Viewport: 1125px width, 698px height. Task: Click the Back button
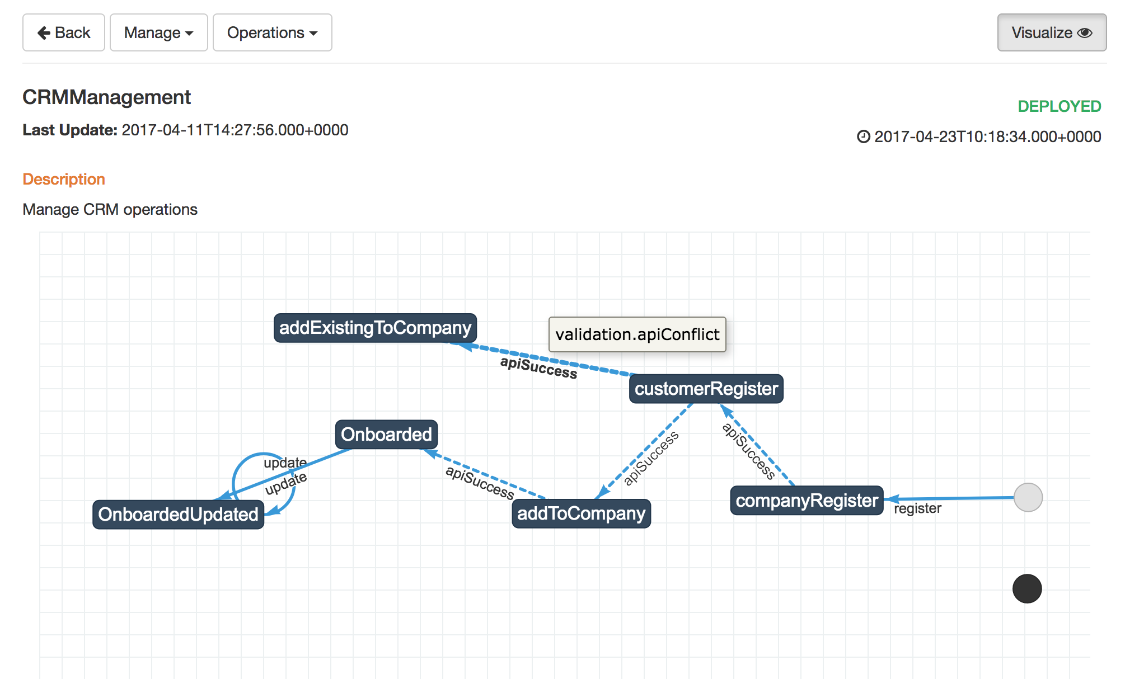click(64, 32)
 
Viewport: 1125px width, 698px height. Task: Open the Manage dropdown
click(159, 32)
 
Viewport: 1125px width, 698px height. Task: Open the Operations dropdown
click(273, 32)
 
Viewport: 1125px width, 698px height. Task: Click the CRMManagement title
click(106, 97)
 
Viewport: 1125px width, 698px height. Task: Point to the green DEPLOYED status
click(1059, 106)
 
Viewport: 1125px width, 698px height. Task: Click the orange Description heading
click(64, 179)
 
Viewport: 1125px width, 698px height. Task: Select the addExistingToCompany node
click(375, 328)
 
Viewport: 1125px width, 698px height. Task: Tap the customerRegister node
click(706, 389)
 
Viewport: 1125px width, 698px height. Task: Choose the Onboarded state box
click(386, 435)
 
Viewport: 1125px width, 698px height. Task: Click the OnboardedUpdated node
click(178, 515)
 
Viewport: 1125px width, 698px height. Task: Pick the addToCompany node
click(581, 513)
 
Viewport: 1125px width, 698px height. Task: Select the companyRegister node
click(807, 501)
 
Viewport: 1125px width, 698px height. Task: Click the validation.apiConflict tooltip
click(637, 334)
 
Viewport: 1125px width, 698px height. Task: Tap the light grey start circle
click(1028, 497)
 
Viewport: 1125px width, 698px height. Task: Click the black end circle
click(1027, 589)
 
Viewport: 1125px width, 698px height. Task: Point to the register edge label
click(917, 508)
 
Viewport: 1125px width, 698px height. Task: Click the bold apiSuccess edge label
click(538, 367)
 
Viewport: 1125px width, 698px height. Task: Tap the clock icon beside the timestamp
click(864, 136)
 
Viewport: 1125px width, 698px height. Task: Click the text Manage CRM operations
click(110, 210)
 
